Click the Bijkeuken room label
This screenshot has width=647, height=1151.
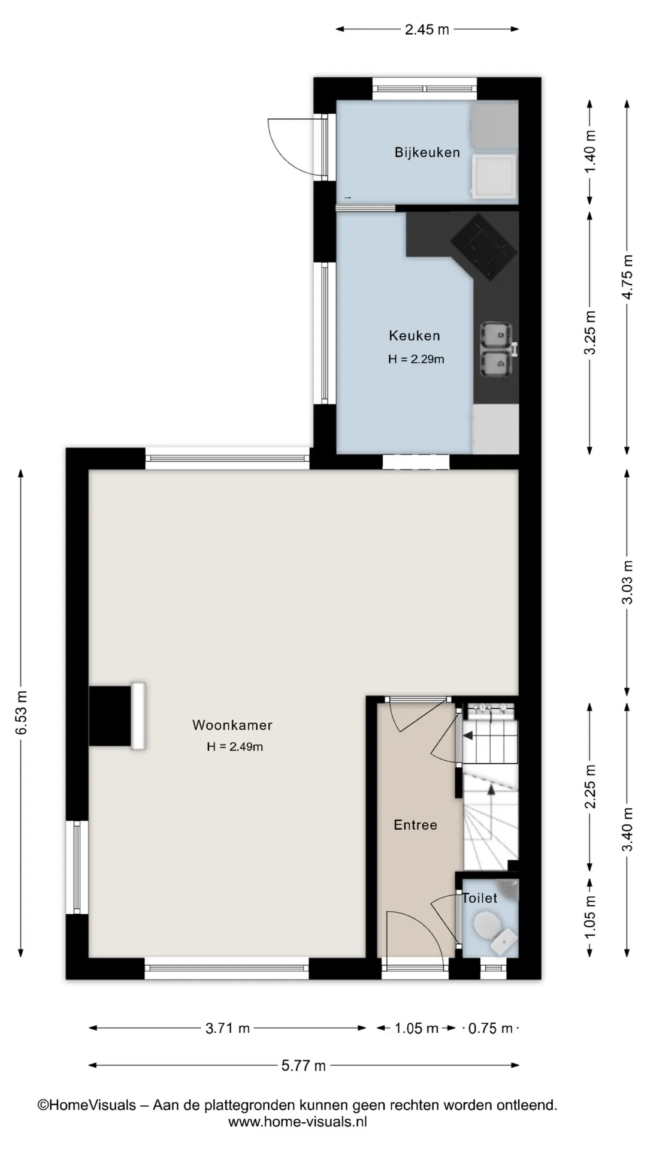tap(427, 152)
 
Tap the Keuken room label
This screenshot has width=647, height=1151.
tap(415, 336)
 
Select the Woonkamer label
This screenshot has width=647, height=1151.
tap(232, 725)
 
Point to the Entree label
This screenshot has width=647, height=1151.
tap(415, 825)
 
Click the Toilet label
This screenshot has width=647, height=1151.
tap(480, 898)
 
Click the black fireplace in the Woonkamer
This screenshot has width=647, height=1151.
tap(110, 716)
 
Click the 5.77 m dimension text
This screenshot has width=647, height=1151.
tap(304, 1065)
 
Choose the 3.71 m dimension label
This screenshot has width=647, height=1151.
tap(228, 1028)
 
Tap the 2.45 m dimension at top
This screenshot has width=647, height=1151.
tap(427, 29)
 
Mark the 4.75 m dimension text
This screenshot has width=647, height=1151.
tap(627, 277)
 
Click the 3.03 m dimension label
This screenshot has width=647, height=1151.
tap(627, 582)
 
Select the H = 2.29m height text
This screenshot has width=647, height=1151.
tap(416, 359)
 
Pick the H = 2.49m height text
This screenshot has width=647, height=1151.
tap(235, 746)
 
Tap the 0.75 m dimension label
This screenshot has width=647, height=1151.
tap(490, 1028)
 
